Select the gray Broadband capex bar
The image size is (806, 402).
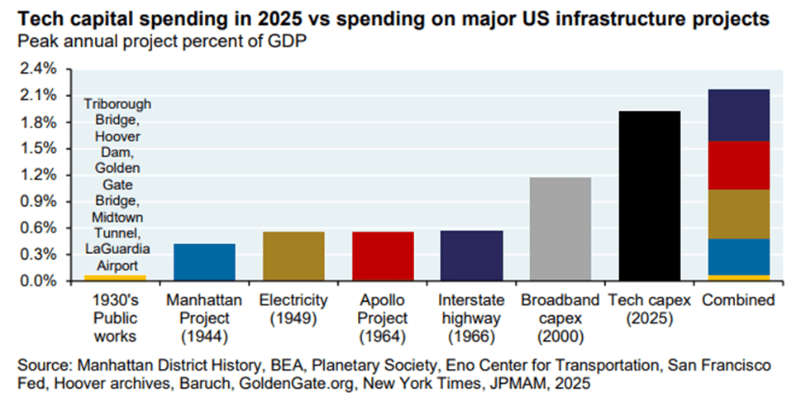click(560, 229)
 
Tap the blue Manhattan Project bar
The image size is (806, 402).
click(204, 262)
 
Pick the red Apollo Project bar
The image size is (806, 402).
click(383, 256)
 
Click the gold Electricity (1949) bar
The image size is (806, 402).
click(293, 256)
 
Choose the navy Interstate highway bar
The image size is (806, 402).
click(472, 256)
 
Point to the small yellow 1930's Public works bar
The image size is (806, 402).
click(115, 278)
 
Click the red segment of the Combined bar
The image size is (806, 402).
click(739, 165)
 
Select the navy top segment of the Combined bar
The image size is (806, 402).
click(739, 115)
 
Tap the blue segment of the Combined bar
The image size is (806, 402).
click(739, 256)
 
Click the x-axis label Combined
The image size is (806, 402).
click(738, 300)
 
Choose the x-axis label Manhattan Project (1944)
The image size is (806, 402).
click(204, 318)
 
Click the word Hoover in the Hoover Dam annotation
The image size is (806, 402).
click(116, 136)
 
